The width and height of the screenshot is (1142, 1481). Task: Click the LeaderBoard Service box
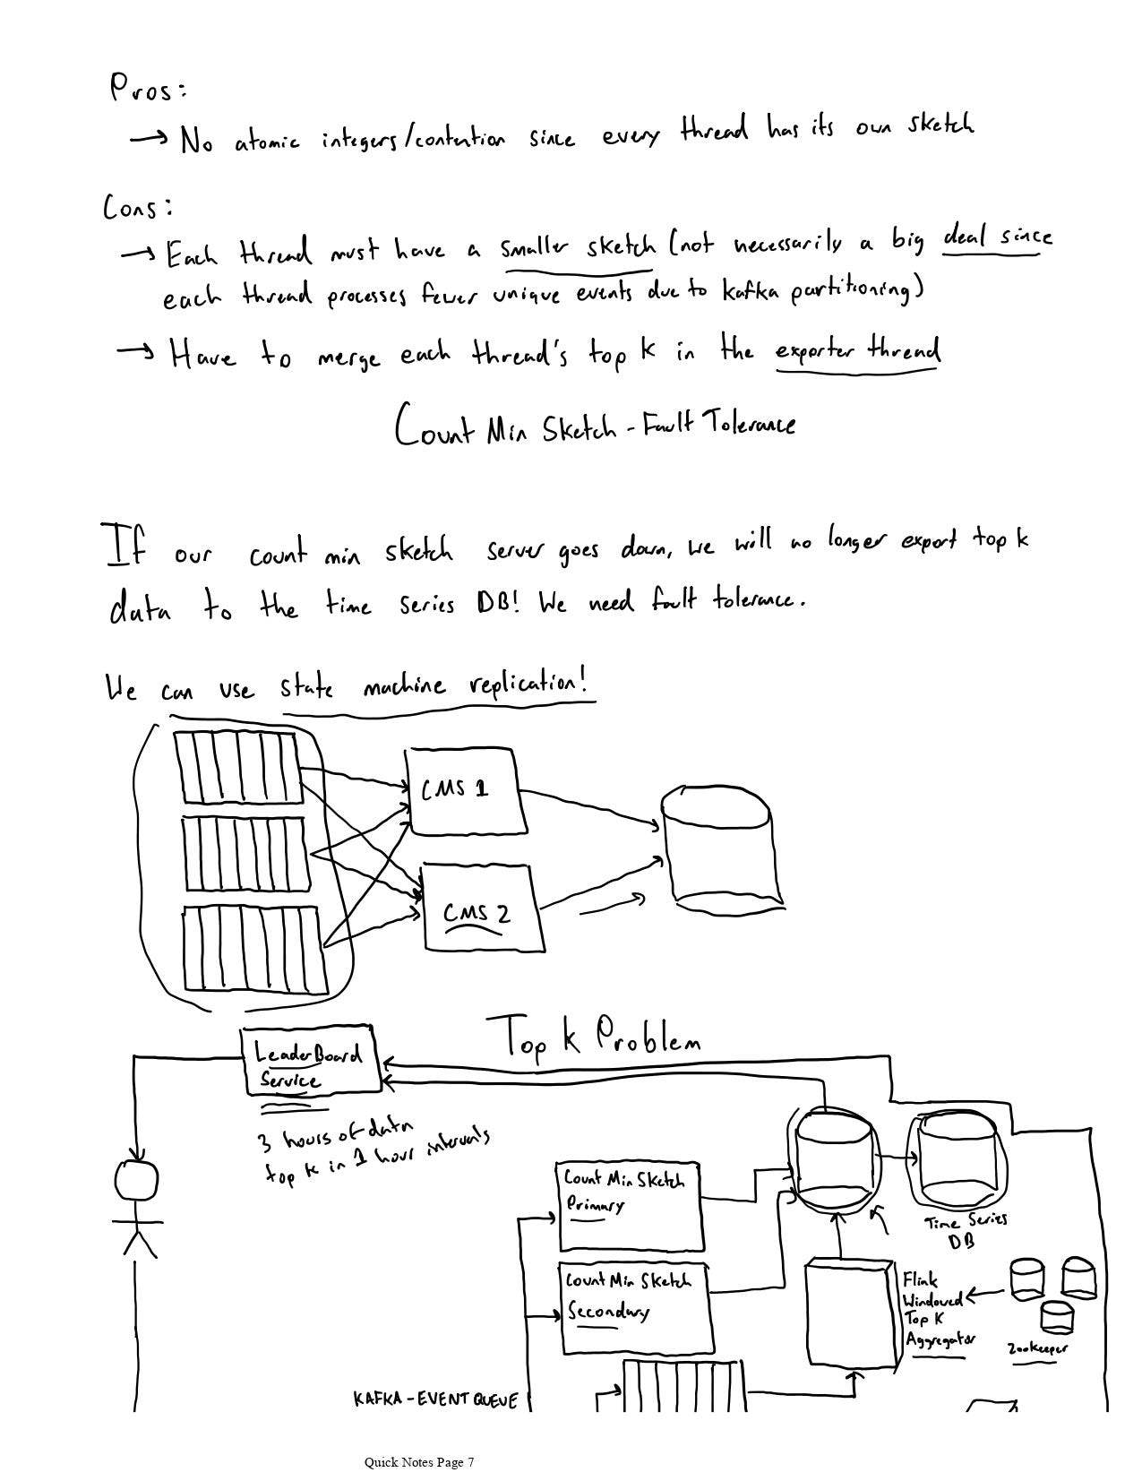tap(310, 1061)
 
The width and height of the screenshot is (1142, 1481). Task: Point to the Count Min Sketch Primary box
tap(629, 1205)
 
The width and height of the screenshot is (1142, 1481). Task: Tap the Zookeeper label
tap(1037, 1348)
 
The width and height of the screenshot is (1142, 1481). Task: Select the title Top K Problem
tap(594, 1039)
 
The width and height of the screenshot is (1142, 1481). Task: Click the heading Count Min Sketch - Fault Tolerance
tap(594, 425)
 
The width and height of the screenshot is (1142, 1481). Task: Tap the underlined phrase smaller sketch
tap(577, 246)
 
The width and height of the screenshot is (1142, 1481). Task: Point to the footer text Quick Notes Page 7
tap(418, 1462)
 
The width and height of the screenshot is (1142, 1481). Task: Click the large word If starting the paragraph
tap(127, 547)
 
